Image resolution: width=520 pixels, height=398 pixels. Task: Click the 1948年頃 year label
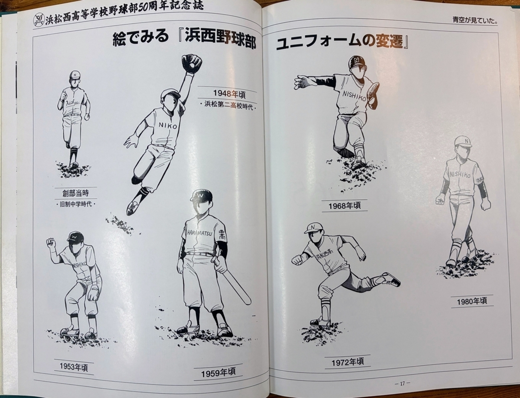point(229,93)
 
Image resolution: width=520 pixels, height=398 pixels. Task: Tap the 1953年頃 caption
point(74,367)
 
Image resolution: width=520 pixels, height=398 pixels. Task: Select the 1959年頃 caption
point(218,373)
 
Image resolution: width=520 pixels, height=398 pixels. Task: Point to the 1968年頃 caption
point(344,206)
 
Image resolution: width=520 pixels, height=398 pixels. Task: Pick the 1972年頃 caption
point(347,362)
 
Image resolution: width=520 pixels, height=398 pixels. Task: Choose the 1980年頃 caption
point(472,301)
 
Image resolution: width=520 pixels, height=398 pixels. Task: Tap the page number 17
point(402,383)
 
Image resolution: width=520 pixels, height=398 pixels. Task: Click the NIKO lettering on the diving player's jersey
point(167,125)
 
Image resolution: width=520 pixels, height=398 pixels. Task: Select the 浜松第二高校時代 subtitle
point(228,107)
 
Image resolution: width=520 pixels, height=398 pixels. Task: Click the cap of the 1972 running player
point(314,228)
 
